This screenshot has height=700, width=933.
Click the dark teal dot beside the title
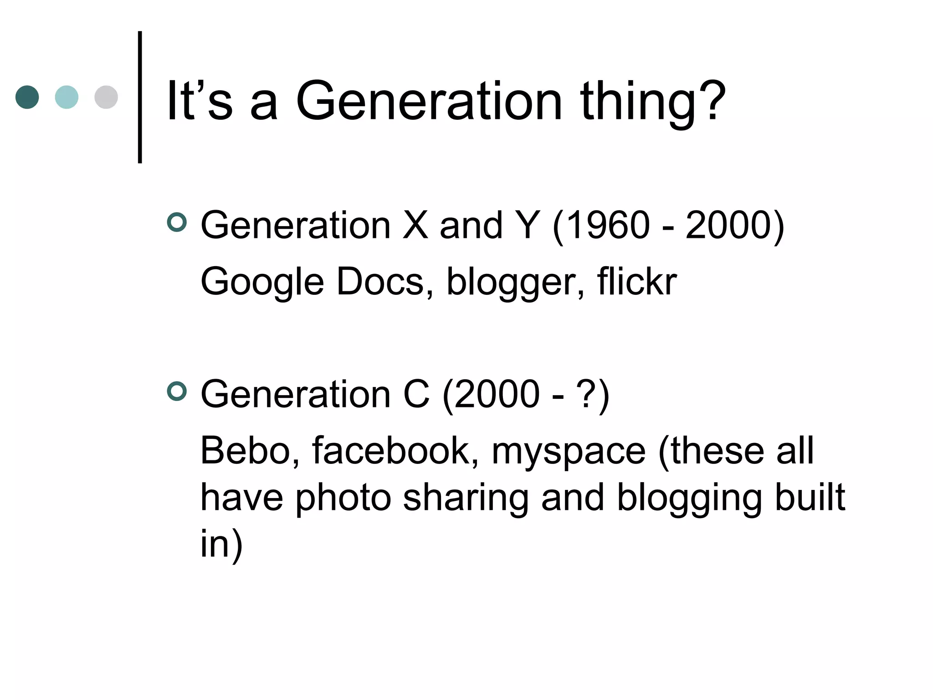pos(27,97)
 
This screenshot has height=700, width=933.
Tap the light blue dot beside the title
pos(67,97)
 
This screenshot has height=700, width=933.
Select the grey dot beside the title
pos(106,97)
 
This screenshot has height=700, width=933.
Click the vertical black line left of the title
pos(140,97)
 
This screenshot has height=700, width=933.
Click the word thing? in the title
pos(652,101)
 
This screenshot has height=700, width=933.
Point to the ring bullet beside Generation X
pos(177,222)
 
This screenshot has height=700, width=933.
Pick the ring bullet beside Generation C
pos(177,391)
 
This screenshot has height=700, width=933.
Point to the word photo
pos(343,498)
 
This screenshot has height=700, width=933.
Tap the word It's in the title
pos(200,101)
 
